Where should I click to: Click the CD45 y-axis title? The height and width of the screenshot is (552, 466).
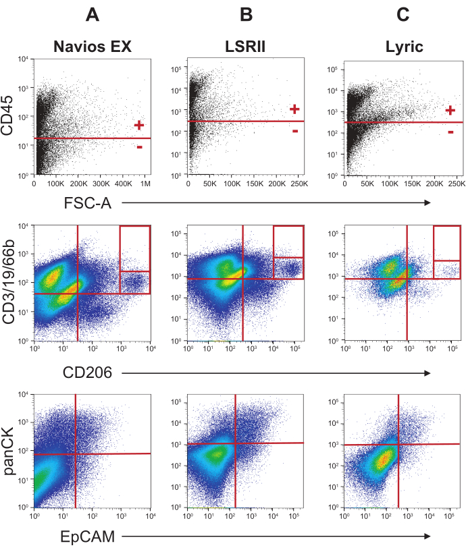10,116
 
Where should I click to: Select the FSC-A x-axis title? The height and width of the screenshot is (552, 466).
88,202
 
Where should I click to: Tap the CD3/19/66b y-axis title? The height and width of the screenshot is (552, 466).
10,283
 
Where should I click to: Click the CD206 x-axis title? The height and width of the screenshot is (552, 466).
88,371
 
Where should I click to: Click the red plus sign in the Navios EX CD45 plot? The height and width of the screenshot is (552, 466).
139,125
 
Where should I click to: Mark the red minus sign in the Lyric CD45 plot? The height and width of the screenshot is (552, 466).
450,132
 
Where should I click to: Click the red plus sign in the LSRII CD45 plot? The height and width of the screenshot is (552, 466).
294,109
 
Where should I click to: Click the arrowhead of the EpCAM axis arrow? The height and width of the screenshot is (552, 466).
428,536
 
